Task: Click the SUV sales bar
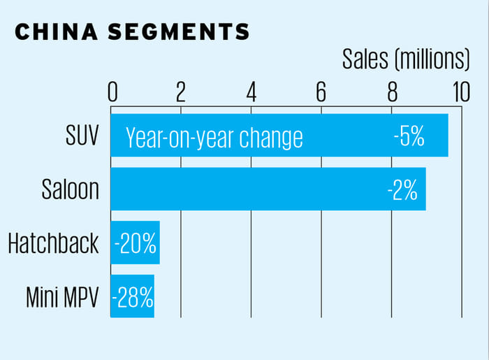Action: click(279, 135)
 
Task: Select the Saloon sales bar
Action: click(268, 189)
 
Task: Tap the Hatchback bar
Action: click(135, 243)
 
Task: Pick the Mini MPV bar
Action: click(132, 296)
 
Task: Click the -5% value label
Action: click(409, 136)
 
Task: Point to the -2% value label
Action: click(402, 189)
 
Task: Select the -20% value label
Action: click(136, 243)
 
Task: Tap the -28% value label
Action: click(133, 297)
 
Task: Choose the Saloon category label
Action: click(70, 189)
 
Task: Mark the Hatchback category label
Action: click(54, 243)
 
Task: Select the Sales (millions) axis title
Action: click(406, 60)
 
